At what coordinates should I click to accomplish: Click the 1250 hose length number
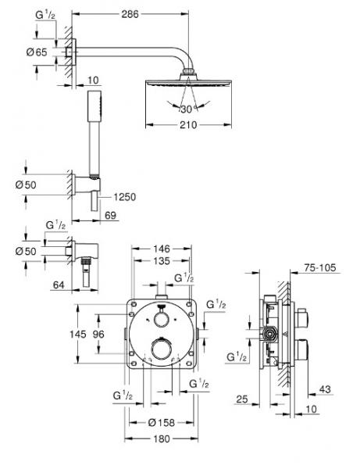121,197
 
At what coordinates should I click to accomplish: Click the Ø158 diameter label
162,422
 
